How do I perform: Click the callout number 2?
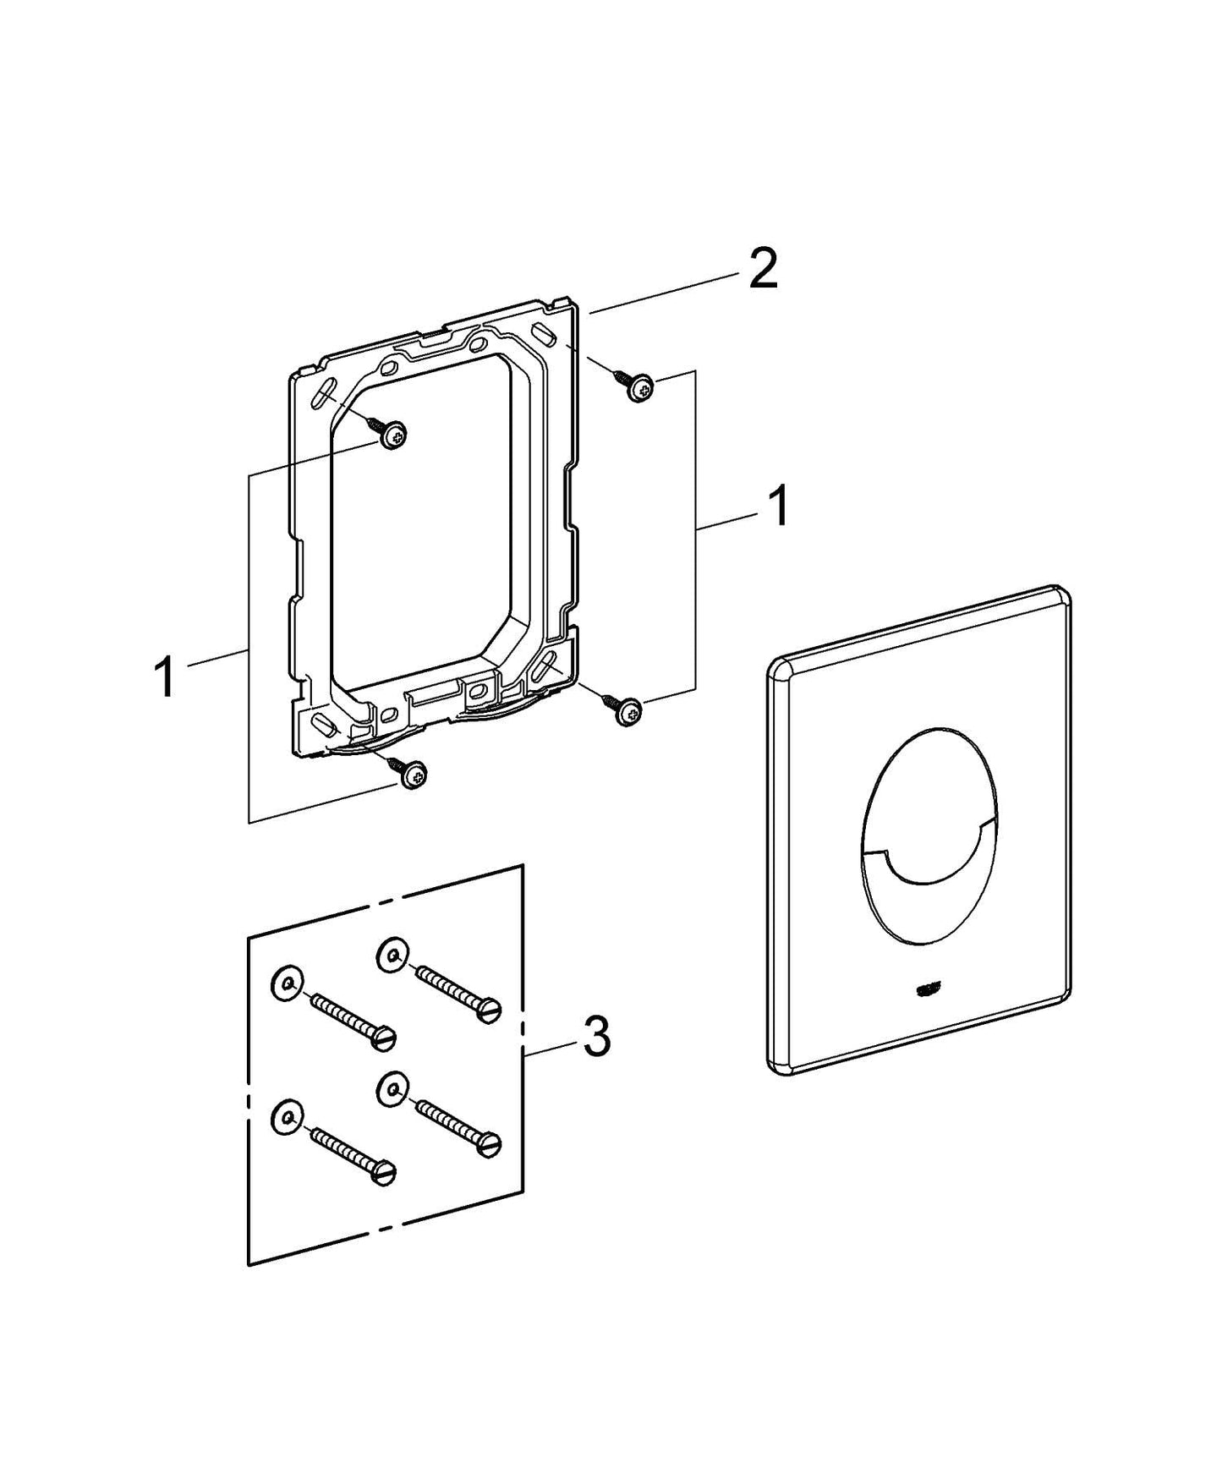coord(763,271)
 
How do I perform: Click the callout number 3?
coord(597,1037)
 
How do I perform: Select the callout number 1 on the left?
coord(165,678)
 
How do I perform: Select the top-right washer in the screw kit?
coord(391,955)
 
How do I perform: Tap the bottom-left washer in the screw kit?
coord(285,1118)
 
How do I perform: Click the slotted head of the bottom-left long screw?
coord(385,1173)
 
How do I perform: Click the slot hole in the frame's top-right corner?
coord(547,334)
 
